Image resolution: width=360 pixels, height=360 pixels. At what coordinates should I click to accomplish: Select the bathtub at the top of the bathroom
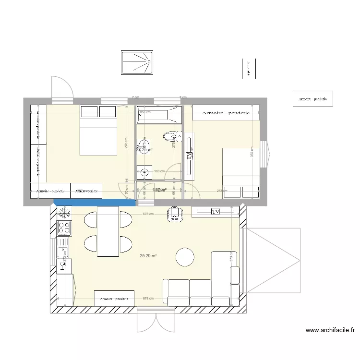[x=159, y=115]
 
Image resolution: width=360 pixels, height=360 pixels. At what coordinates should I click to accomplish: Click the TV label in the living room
[x=216, y=211]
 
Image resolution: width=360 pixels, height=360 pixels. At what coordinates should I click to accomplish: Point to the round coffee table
[x=185, y=257]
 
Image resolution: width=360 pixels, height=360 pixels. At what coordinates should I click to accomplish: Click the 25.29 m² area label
[x=148, y=256]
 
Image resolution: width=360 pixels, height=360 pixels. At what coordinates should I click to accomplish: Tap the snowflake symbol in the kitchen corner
[x=63, y=212]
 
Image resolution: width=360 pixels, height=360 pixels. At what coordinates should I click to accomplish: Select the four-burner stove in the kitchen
[x=63, y=228]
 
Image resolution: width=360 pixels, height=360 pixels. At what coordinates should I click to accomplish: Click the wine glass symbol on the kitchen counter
[x=62, y=251]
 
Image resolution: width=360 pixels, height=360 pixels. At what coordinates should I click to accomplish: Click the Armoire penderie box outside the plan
[x=312, y=99]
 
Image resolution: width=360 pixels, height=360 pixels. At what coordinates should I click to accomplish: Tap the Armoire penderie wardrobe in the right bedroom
[x=226, y=113]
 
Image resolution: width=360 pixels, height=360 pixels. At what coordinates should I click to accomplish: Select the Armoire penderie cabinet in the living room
[x=114, y=299]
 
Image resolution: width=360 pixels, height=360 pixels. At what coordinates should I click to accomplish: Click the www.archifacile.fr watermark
[x=330, y=330]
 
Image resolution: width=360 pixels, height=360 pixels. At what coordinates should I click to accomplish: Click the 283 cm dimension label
[x=222, y=191]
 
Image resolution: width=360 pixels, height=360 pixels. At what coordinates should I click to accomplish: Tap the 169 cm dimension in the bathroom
[x=159, y=170]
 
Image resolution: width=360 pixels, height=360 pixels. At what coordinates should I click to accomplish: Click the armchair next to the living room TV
[x=175, y=214]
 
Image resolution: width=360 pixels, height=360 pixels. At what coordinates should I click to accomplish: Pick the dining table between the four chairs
[x=108, y=231]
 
